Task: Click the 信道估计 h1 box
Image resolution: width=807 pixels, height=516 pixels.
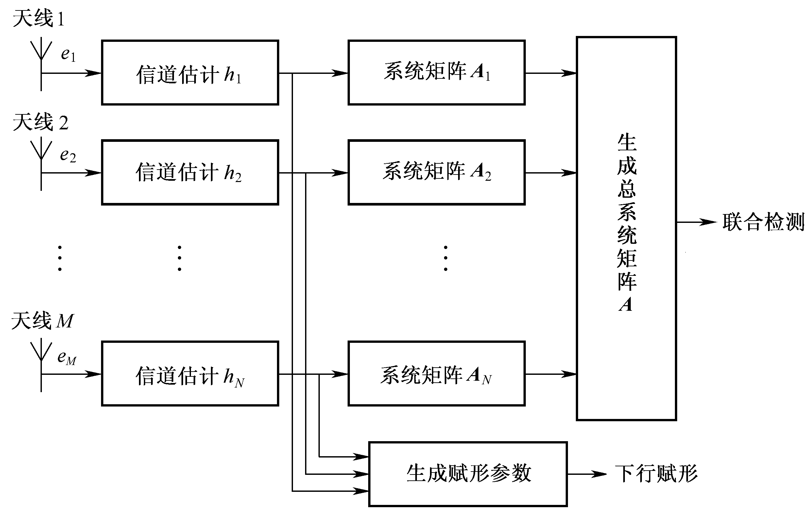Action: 190,73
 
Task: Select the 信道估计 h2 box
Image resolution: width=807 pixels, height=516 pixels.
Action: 190,172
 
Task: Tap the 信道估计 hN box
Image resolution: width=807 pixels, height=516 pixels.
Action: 190,374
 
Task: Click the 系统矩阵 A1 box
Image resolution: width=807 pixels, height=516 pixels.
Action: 436,73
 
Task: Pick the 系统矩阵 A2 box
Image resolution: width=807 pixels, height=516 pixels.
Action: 436,172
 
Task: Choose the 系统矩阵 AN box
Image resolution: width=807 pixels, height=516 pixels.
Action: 436,374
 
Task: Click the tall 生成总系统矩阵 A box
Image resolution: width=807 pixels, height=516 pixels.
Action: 626,228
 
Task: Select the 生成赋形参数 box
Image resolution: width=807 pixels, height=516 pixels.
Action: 468,474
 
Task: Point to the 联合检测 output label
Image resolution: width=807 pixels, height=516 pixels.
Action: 763,222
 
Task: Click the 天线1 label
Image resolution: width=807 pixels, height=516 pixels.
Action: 38,18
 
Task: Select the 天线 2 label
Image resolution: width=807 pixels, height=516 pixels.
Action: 40,122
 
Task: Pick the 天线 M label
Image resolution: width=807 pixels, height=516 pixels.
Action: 42,321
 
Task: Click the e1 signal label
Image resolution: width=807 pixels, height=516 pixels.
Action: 68,54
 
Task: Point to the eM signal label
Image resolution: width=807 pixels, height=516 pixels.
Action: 67,357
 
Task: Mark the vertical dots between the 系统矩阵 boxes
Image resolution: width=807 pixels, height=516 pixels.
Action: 445,258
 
